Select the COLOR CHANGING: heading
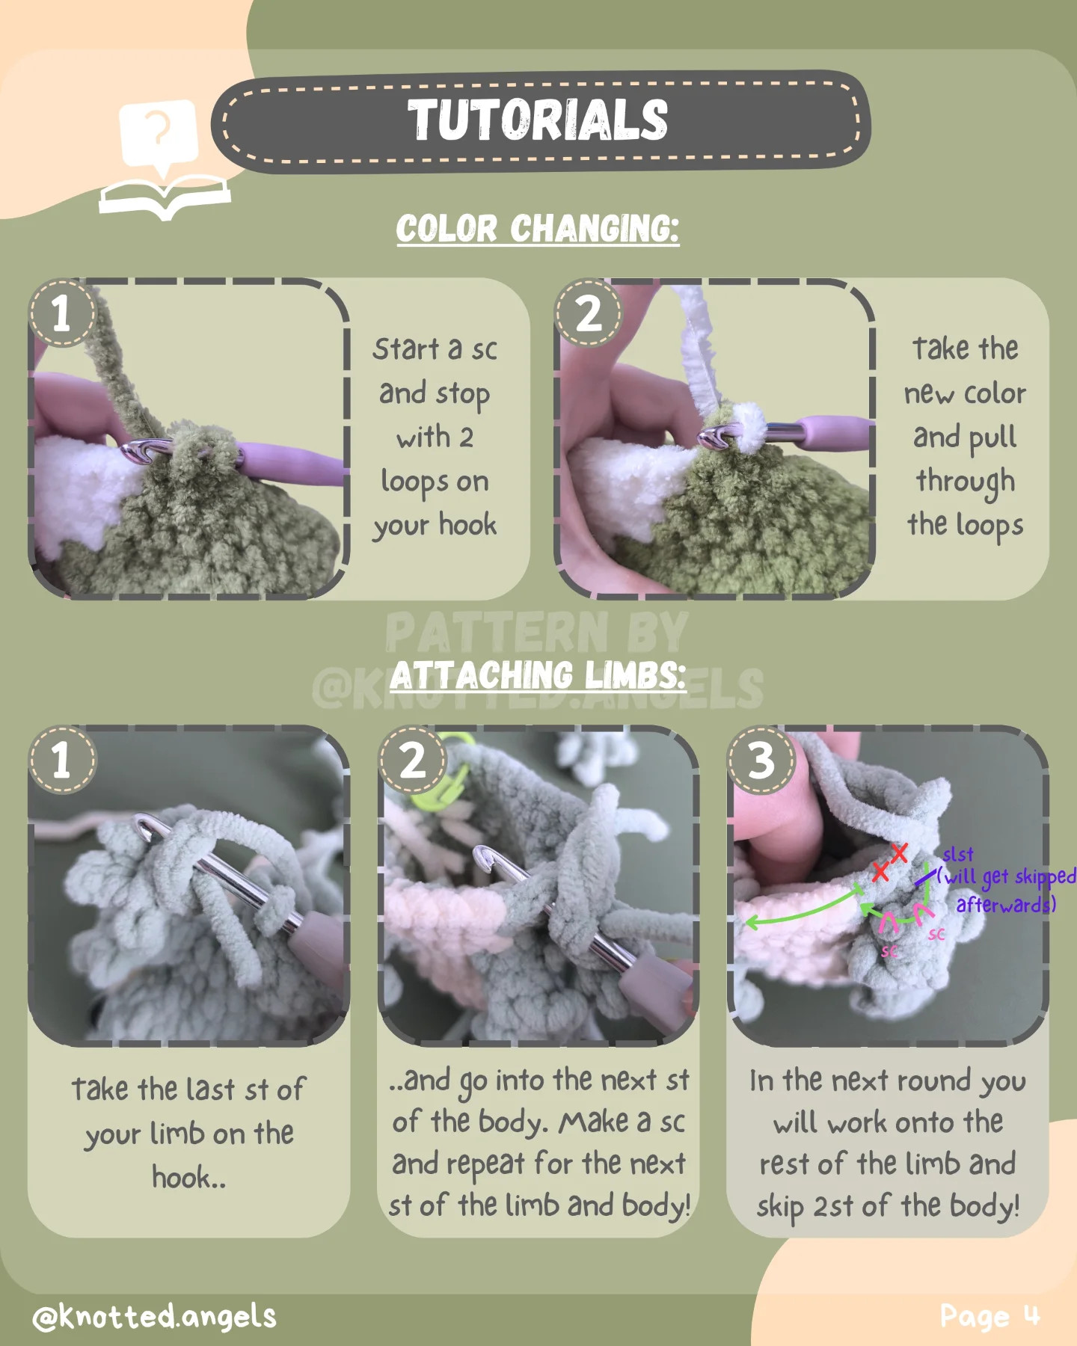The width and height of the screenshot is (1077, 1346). click(537, 229)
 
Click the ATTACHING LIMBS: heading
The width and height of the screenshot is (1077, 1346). click(537, 676)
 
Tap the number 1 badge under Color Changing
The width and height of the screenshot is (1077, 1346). click(62, 313)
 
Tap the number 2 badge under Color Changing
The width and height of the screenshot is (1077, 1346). click(589, 313)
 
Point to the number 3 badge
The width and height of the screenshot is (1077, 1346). click(761, 760)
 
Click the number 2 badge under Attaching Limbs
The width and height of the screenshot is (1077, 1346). click(412, 760)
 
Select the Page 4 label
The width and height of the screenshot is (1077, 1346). click(989, 1316)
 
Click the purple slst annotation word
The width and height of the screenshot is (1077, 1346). click(957, 854)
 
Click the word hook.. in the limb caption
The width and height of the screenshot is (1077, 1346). click(188, 1178)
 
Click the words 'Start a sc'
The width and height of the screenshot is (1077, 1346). click(435, 349)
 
